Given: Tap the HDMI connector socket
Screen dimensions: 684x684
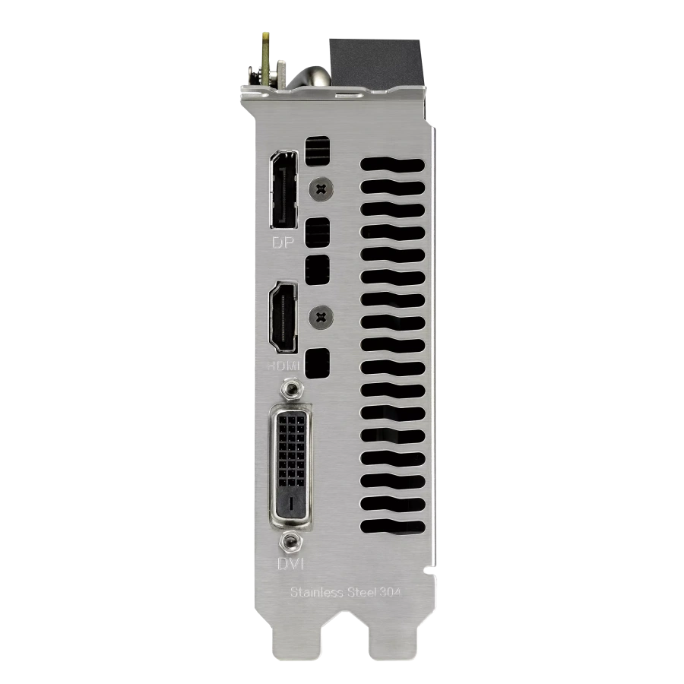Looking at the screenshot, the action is [x=283, y=317].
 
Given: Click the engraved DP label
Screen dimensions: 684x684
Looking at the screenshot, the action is [x=283, y=242].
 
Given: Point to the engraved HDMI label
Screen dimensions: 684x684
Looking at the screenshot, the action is [x=283, y=366].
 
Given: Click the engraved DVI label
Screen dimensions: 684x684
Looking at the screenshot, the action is [x=290, y=564].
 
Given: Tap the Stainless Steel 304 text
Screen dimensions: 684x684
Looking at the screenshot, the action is [x=346, y=592].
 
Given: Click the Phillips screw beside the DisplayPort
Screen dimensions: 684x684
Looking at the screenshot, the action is [x=321, y=189].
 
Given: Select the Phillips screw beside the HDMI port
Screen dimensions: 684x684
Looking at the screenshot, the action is [x=321, y=317].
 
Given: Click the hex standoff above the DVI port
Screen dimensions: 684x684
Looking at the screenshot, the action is [x=291, y=388].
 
